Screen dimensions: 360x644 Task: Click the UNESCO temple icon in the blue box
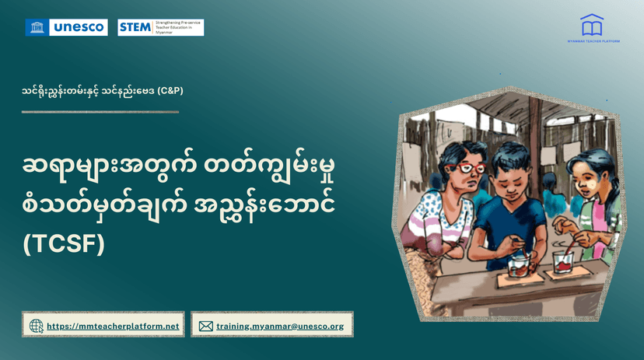pyautogui.click(x=35, y=28)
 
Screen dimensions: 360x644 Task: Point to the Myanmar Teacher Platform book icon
pyautogui.click(x=591, y=24)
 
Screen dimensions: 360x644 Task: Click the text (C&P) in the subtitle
pyautogui.click(x=170, y=90)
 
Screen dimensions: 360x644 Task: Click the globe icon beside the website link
pyautogui.click(x=36, y=326)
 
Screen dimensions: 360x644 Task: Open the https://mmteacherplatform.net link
pyautogui.click(x=113, y=327)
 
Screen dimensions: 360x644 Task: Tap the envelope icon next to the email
pyautogui.click(x=205, y=327)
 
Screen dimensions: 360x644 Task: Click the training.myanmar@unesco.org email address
pyautogui.click(x=280, y=327)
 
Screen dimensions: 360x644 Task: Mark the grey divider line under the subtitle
pyautogui.click(x=100, y=112)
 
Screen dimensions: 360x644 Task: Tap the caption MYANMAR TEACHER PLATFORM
pyautogui.click(x=593, y=41)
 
